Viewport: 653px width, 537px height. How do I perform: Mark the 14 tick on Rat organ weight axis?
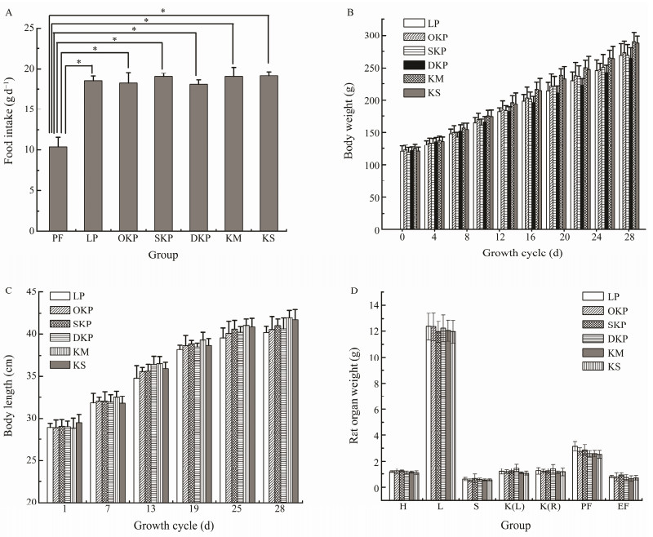[377, 305]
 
